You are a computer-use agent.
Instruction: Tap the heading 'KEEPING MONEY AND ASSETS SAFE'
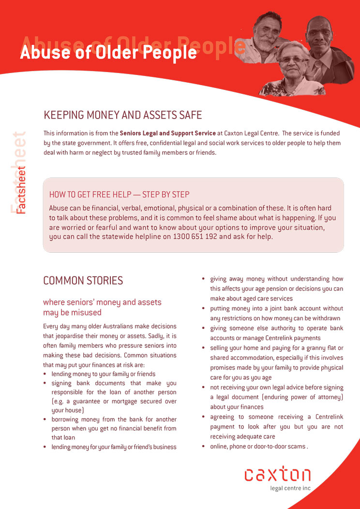coord(122,115)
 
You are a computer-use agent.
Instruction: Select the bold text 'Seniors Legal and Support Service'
coord(167,133)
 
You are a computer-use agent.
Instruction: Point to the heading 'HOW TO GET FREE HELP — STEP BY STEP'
coord(119,195)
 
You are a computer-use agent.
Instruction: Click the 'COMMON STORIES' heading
coord(83,281)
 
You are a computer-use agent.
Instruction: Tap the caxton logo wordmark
coord(277,474)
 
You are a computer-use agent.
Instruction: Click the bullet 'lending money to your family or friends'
coord(103,374)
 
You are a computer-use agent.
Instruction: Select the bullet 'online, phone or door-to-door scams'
coord(257,447)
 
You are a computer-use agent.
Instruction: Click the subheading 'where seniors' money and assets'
coord(102,302)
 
